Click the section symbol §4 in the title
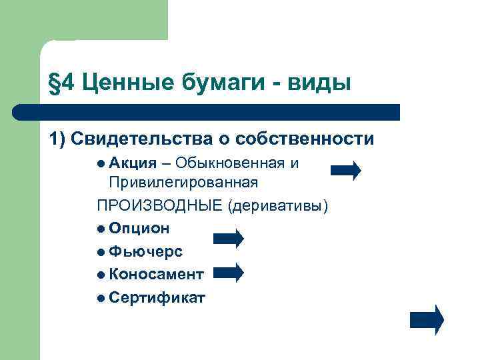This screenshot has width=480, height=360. point(61,83)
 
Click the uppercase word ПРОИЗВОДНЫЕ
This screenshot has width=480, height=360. point(159,205)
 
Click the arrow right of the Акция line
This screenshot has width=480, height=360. point(346,171)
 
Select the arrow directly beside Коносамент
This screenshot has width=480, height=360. point(229,272)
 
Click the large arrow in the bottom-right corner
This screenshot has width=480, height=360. point(426,319)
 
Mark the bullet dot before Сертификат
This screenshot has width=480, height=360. point(101,297)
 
